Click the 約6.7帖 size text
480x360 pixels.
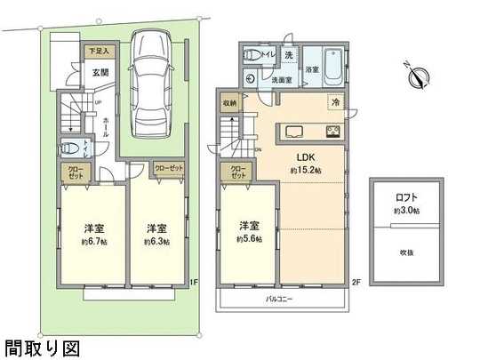coord(93,242)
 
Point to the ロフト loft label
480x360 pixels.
coord(406,196)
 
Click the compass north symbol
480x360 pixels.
coord(417,76)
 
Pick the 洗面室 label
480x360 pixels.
coord(283,78)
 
